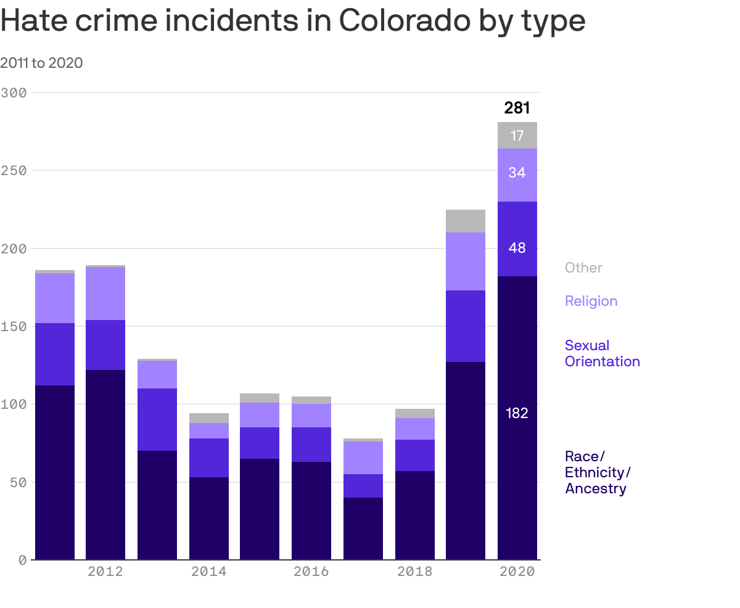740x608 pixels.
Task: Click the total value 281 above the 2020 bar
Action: pos(517,108)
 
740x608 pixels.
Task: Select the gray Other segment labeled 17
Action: pos(517,135)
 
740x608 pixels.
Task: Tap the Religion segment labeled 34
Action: pos(517,173)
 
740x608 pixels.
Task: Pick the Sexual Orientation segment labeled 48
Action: pos(517,248)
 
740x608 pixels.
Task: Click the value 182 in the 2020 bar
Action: pos(517,413)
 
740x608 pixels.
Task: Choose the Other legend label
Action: pos(583,268)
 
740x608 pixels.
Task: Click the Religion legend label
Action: pos(591,301)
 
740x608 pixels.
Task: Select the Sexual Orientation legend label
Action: pos(602,353)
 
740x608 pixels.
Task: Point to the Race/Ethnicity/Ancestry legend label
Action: pos(597,472)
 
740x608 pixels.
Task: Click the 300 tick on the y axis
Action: pos(14,92)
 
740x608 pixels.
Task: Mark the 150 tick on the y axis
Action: pos(14,326)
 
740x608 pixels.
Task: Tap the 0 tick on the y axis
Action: pos(22,560)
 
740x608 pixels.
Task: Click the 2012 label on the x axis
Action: pos(105,572)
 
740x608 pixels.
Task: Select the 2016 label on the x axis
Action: pos(311,572)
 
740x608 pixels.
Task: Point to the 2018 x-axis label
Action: pos(414,572)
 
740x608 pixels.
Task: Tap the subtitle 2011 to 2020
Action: pos(41,63)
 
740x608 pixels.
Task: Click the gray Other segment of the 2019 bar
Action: pos(466,221)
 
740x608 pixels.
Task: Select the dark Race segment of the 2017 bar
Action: pos(363,528)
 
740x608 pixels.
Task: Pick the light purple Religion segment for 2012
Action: pos(105,294)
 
